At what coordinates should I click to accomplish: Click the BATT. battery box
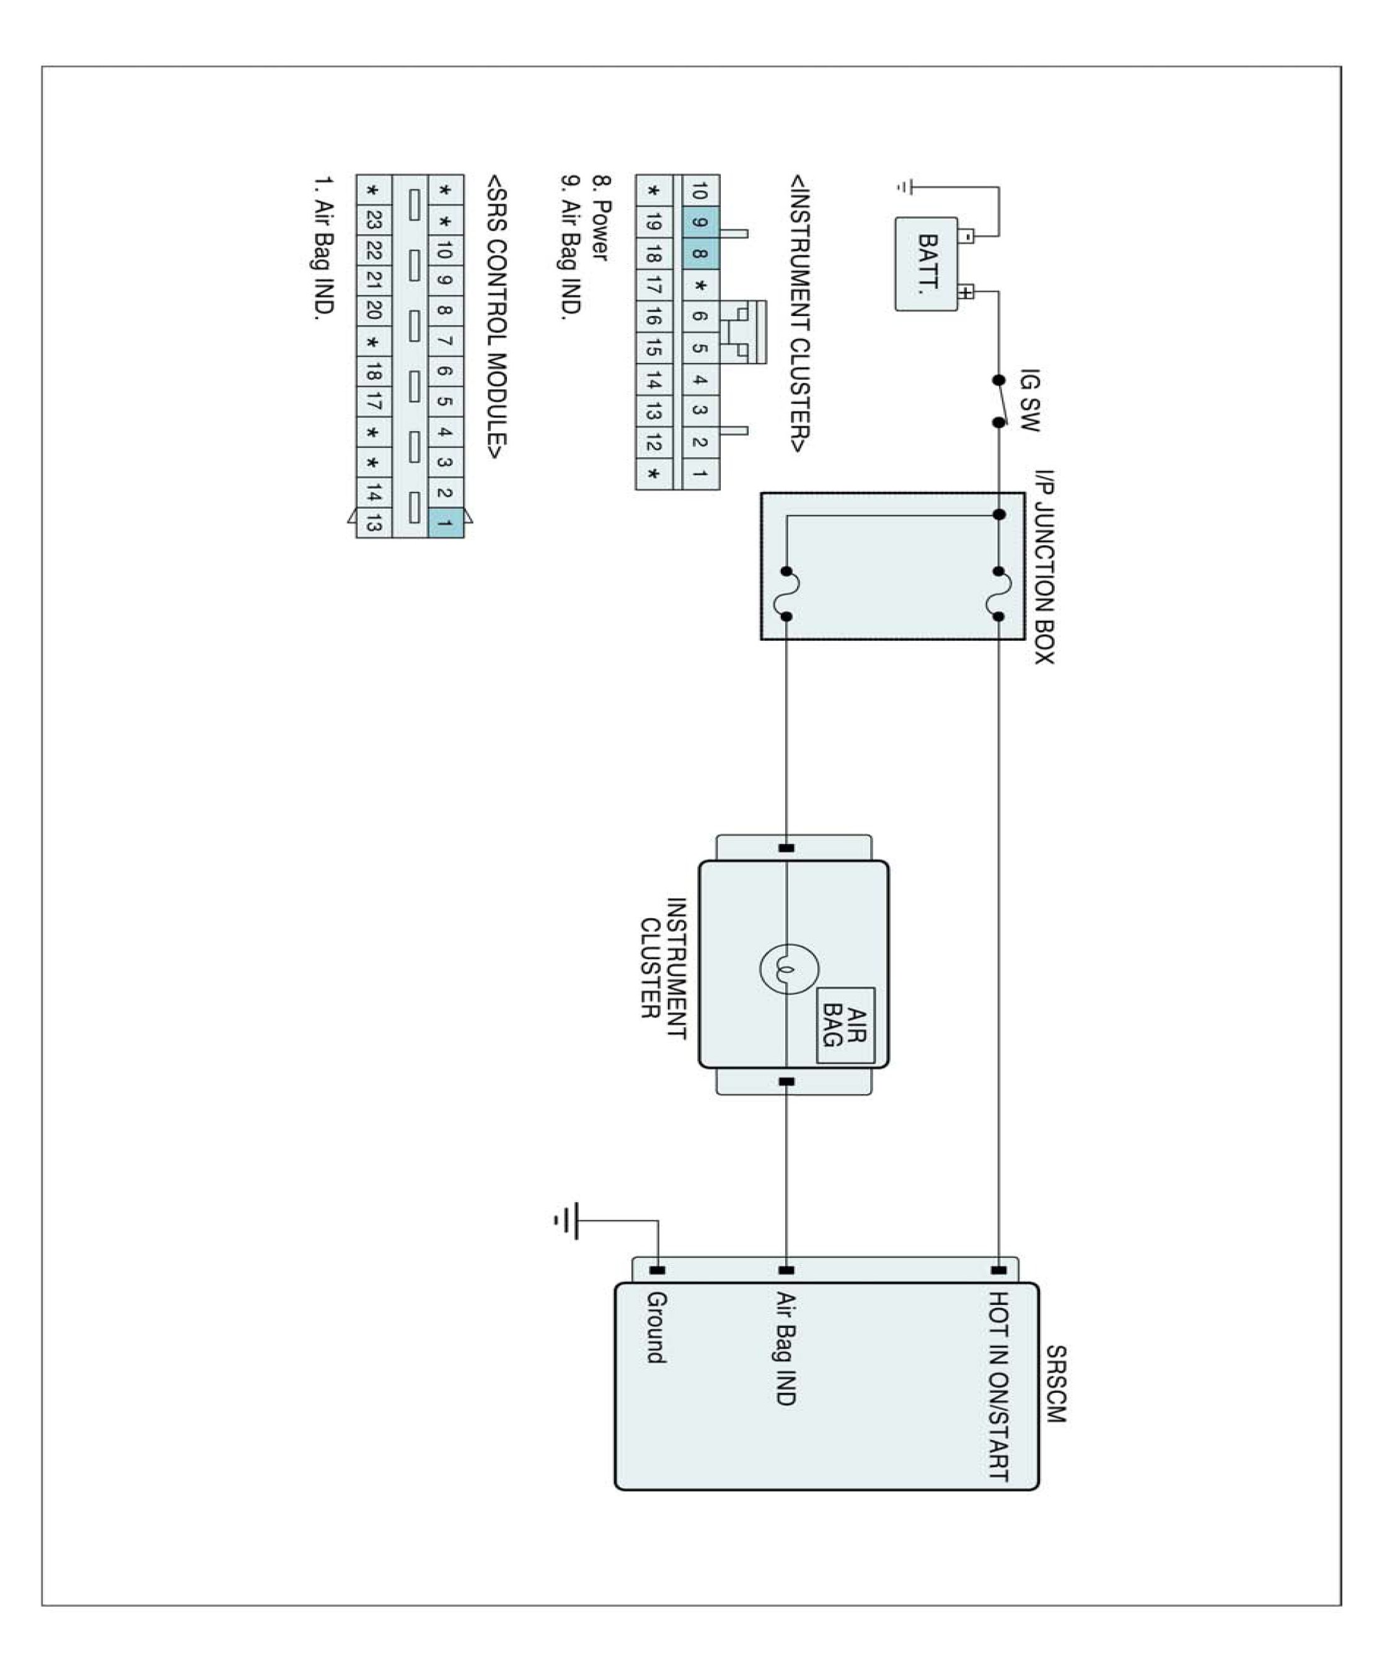pyautogui.click(x=926, y=263)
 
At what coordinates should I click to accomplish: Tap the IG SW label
pyautogui.click(x=1029, y=400)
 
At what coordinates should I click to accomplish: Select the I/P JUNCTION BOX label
pyautogui.click(x=1044, y=567)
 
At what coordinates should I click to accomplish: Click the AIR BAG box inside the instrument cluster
pyautogui.click(x=846, y=1026)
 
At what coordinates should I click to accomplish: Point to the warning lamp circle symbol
pyautogui.click(x=789, y=968)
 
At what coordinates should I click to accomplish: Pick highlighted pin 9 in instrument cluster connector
pyautogui.click(x=700, y=223)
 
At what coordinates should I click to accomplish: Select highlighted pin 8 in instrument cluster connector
pyautogui.click(x=700, y=254)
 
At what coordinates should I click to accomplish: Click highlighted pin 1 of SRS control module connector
pyautogui.click(x=445, y=523)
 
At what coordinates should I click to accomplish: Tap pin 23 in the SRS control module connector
pyautogui.click(x=373, y=221)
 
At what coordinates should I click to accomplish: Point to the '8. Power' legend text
pyautogui.click(x=602, y=229)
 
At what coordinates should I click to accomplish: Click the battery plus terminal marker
pyautogui.click(x=966, y=292)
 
